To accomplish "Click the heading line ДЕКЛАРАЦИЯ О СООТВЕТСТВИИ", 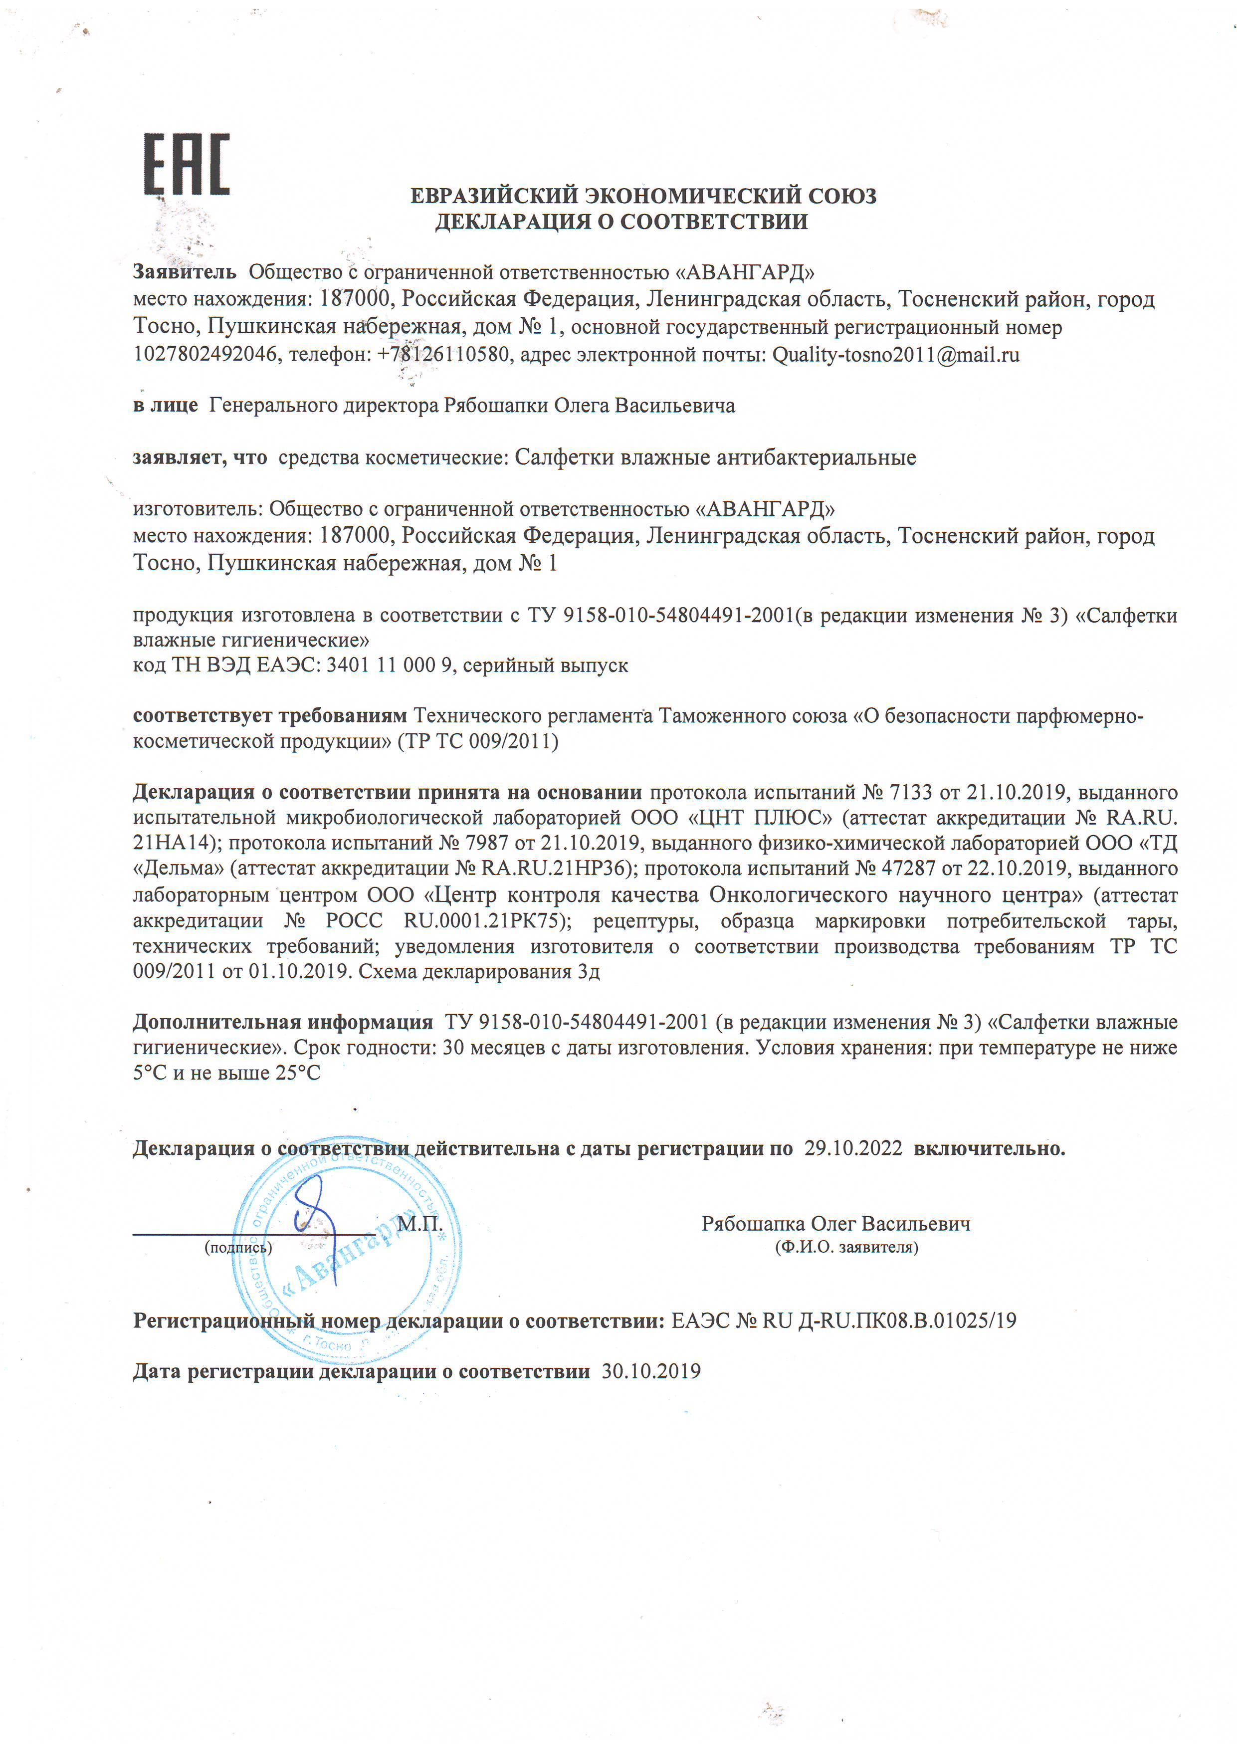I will point(621,222).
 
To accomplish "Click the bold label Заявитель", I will point(185,272).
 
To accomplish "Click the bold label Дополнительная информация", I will point(283,1022).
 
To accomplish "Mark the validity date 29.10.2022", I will point(853,1149).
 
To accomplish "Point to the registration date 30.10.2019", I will point(651,1372).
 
